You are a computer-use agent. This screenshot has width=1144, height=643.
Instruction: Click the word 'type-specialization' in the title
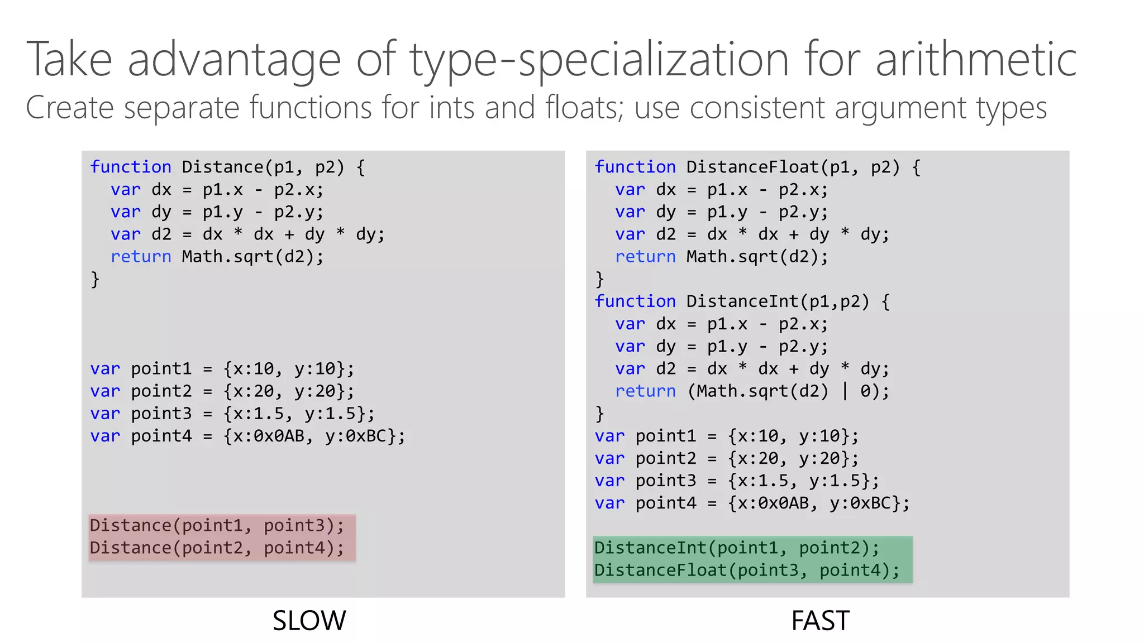[x=599, y=60]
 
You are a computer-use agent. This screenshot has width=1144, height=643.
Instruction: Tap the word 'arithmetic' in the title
[x=975, y=60]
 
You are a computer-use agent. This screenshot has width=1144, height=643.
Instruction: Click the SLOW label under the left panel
[x=309, y=621]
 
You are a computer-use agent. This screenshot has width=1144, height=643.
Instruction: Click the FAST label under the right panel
[x=820, y=621]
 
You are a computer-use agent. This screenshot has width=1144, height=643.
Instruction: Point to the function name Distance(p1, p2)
[x=222, y=167]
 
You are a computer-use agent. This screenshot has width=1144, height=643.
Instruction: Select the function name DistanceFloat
[x=752, y=167]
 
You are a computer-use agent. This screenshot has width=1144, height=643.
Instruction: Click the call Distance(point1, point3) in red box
[x=217, y=525]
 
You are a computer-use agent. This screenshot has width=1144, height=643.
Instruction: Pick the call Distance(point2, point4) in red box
[x=217, y=548]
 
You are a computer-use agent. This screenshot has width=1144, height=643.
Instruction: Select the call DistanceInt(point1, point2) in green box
[x=736, y=548]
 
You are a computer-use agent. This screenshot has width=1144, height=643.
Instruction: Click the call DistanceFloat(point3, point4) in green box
[x=747, y=570]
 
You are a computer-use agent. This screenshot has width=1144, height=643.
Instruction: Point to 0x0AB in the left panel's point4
[x=279, y=435]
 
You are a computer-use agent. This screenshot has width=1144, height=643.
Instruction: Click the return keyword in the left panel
[x=141, y=257]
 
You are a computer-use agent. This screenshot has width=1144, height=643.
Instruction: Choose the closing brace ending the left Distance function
[x=95, y=279]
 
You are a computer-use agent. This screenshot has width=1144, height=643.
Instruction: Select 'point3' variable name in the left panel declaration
[x=161, y=414]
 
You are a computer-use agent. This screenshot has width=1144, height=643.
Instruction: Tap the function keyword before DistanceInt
[x=635, y=301]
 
